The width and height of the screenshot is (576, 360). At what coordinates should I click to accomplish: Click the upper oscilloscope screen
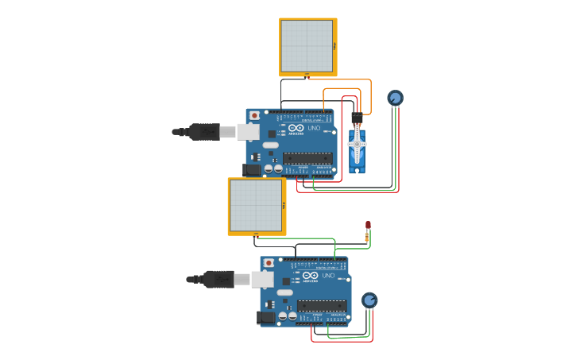point(307,46)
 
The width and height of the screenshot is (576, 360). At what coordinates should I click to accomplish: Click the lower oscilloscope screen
point(256,205)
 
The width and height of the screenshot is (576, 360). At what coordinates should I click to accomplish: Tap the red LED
point(368,226)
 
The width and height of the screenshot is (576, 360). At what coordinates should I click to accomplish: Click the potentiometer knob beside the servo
point(395,98)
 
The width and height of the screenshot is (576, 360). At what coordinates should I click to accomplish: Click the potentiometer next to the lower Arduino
point(369,300)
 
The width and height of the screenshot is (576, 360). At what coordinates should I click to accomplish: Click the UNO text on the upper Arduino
point(314,128)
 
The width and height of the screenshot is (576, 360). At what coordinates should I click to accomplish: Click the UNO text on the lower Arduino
point(328,276)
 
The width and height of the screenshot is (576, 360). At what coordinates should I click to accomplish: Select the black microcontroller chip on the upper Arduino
point(307,158)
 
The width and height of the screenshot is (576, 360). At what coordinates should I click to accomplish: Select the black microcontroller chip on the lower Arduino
point(322,306)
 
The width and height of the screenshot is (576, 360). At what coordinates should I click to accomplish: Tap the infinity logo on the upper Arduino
point(296,128)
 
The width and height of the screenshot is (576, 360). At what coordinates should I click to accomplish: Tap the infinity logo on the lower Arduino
point(310,276)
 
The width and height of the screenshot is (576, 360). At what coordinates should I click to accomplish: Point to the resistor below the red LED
point(367,237)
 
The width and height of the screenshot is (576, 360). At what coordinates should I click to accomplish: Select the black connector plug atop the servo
point(357,118)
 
